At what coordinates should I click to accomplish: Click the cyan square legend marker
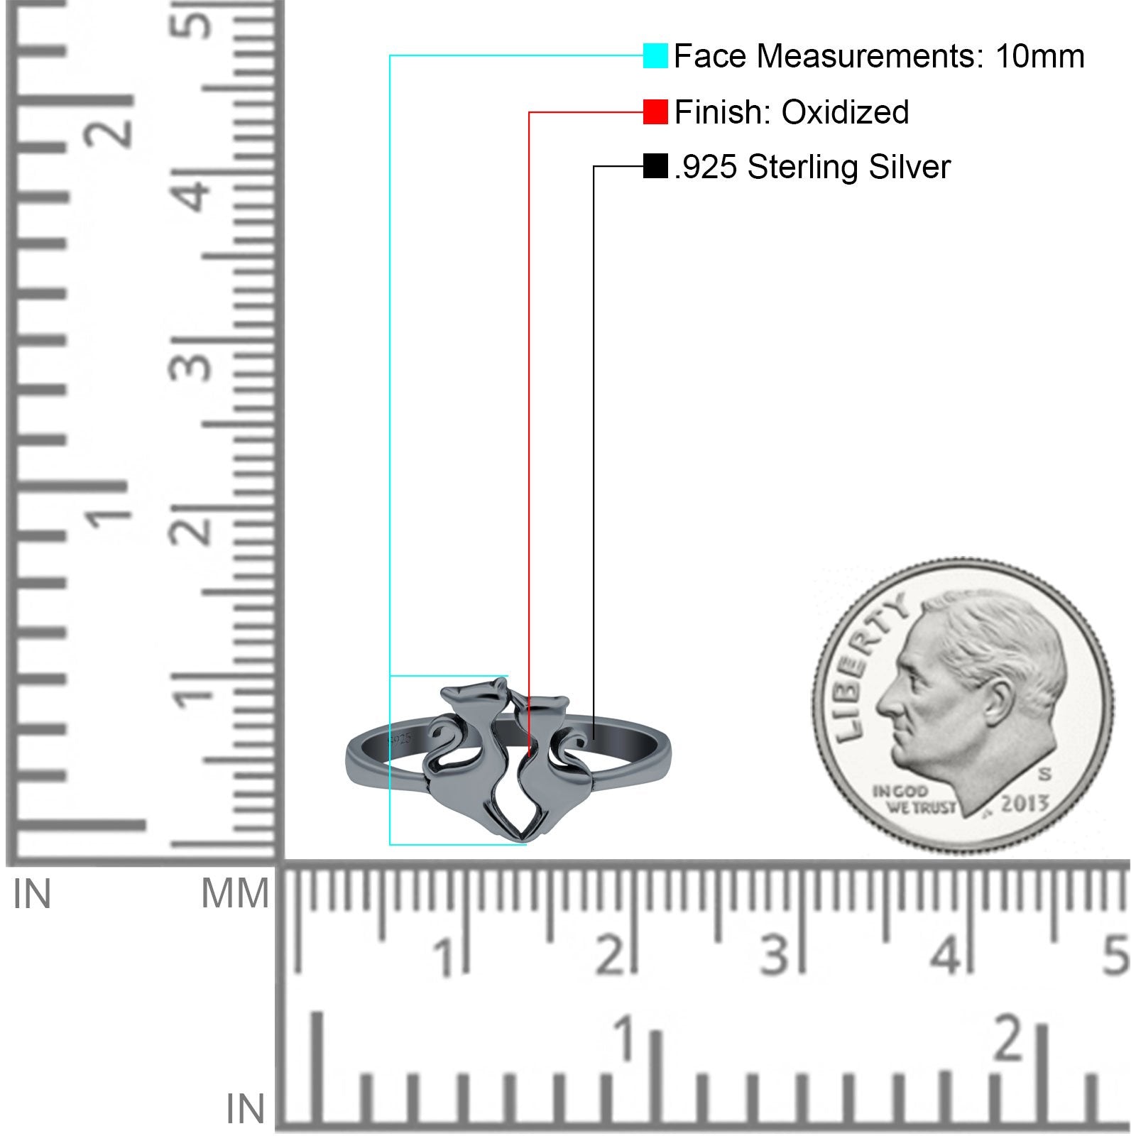655,55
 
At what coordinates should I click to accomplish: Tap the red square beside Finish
655,111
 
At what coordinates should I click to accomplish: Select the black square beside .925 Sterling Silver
655,167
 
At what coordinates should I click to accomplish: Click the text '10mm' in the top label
1039,56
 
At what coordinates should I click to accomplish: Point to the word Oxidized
845,112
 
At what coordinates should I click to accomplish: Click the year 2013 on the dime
1025,804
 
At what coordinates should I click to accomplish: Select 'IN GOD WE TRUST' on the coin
912,799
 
